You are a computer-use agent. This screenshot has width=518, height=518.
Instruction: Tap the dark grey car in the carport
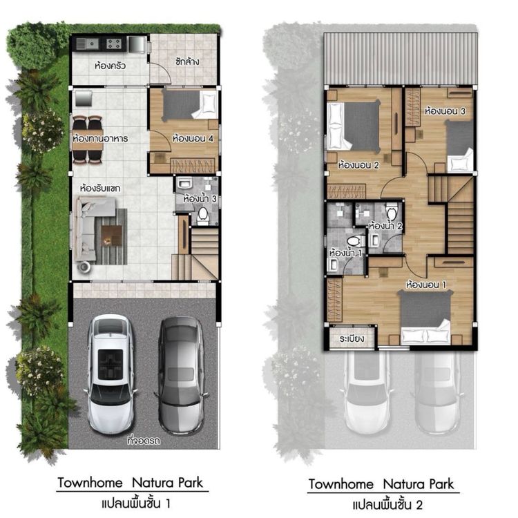point(181,375)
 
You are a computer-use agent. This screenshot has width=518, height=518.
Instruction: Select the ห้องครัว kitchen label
point(110,66)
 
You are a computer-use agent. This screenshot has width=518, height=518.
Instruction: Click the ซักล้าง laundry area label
point(187,61)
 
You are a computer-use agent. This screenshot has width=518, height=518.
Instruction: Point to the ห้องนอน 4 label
point(193,138)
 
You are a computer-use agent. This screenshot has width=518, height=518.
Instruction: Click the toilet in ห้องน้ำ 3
point(202,216)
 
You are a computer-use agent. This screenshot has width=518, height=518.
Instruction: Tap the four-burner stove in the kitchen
point(114,44)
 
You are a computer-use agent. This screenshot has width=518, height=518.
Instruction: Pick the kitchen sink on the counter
point(88,44)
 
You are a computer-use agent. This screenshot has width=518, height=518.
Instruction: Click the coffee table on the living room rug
point(111,236)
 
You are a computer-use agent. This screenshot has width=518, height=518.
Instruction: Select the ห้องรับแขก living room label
point(100,189)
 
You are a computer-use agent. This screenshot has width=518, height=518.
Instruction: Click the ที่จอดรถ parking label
point(144,441)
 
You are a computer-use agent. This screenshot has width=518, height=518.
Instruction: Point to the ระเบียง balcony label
point(352,338)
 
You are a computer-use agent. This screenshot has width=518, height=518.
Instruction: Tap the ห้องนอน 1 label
point(426,285)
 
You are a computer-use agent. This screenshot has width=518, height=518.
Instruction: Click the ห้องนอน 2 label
point(358,165)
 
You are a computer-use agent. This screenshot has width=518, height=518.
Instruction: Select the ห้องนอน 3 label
point(445,111)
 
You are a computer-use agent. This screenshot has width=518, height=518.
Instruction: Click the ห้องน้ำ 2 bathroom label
point(385,227)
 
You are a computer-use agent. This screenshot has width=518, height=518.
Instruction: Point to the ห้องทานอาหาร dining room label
point(100,138)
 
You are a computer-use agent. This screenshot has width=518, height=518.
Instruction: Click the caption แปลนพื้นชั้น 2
point(387,505)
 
